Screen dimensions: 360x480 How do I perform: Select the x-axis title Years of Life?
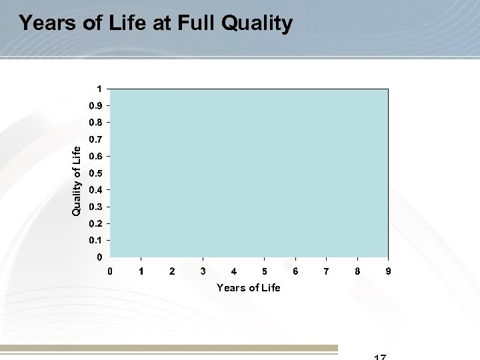tap(249, 288)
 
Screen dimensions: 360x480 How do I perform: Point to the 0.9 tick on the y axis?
tap(97, 105)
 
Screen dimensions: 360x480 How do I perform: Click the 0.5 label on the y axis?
tap(97, 173)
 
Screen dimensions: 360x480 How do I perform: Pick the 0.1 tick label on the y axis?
tap(97, 239)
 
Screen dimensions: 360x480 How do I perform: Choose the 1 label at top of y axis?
tap(99, 89)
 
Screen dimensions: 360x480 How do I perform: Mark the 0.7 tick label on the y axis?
tap(97, 139)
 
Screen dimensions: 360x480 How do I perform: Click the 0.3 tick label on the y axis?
tap(97, 206)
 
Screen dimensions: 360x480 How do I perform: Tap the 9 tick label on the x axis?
tap(388, 271)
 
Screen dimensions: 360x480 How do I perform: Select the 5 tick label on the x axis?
tap(265, 271)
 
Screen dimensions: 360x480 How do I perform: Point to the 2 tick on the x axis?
tap(172, 271)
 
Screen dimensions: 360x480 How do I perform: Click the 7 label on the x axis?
tap(326, 271)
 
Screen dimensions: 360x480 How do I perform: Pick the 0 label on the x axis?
tap(111, 271)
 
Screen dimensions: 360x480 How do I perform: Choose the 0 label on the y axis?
tap(99, 257)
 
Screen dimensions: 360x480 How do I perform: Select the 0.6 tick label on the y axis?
tap(97, 156)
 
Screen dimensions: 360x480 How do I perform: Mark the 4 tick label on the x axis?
tap(234, 271)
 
